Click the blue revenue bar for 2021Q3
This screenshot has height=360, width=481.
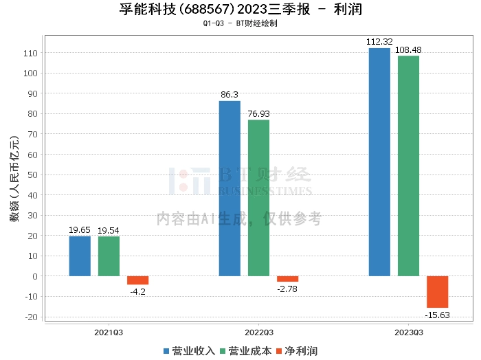coord(80,256)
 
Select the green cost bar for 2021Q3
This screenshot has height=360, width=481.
coord(109,256)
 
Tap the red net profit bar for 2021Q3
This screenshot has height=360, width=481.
coord(137,280)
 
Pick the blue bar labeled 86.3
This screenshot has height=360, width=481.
coord(230,188)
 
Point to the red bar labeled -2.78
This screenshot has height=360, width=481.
coord(287,279)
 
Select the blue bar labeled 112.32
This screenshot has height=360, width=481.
coord(379,162)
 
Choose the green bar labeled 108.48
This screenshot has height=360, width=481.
coord(408,166)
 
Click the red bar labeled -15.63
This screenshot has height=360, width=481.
coord(437,292)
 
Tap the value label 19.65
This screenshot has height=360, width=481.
coord(80,230)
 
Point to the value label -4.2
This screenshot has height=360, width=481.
coord(137,291)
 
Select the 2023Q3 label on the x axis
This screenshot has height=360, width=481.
coord(408,333)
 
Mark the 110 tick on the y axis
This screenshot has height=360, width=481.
coord(30,53)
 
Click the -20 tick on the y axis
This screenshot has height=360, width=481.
coord(30,317)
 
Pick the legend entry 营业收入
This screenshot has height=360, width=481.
coord(189,351)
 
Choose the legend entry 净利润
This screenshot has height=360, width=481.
coord(296,351)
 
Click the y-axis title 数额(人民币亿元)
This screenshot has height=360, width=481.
coord(13,185)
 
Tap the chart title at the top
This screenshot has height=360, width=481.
coord(240,10)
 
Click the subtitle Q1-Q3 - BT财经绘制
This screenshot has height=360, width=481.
coord(240,23)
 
